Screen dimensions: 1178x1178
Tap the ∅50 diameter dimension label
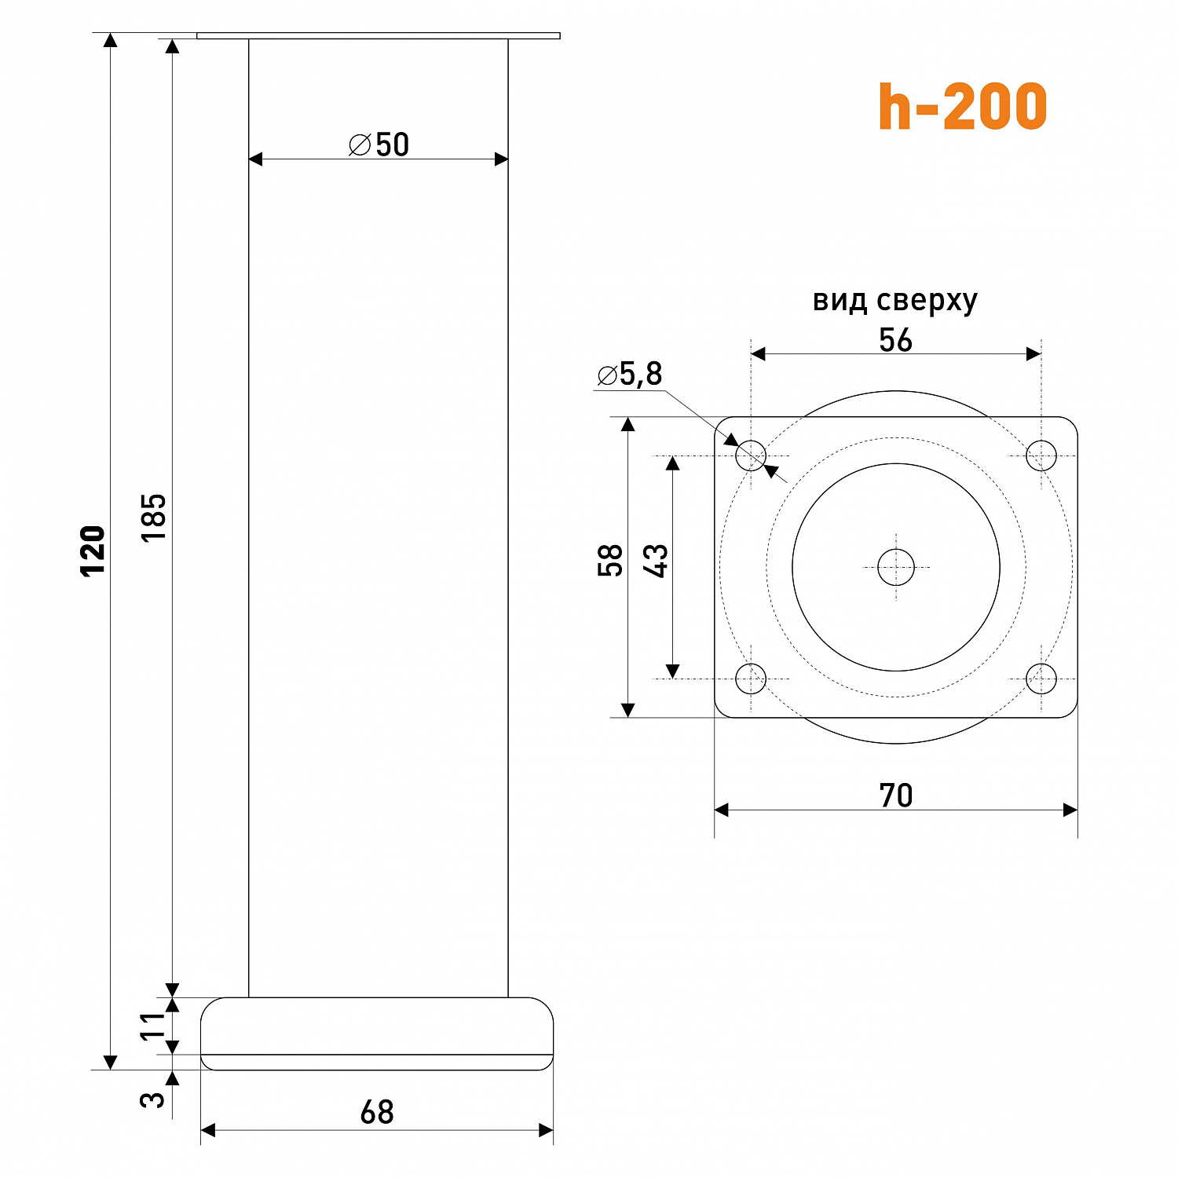(x=379, y=145)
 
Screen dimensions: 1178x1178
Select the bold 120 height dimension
(x=93, y=551)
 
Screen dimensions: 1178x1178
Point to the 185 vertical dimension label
(x=154, y=517)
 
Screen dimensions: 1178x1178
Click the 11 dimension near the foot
(x=154, y=1026)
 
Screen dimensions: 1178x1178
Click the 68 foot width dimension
(x=377, y=1112)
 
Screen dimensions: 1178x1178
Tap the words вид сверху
(x=895, y=301)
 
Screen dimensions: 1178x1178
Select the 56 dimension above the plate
(x=895, y=340)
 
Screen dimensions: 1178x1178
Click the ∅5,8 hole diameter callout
(x=629, y=375)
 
